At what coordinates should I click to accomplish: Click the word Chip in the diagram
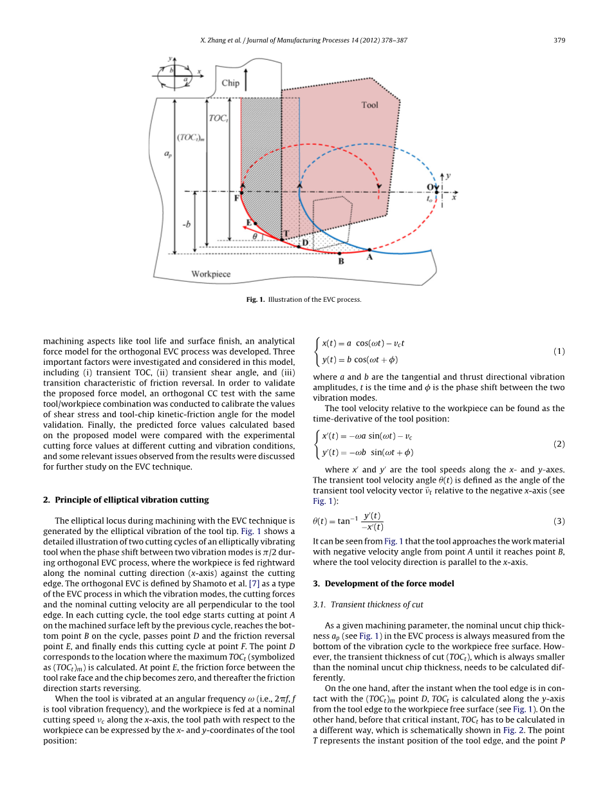230,83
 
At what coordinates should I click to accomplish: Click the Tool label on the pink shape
369,105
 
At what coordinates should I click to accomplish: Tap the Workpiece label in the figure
210,274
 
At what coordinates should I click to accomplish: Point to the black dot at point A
369,250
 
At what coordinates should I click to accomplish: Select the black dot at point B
340,254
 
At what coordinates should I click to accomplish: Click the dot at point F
241,192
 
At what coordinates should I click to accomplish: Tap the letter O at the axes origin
429,187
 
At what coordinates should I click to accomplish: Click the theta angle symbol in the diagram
255,236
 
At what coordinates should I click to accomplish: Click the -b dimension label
186,224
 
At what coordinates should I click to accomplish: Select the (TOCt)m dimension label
191,137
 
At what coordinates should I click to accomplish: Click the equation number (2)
559,444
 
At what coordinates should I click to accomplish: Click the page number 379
559,41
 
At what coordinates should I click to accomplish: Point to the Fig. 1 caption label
256,299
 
